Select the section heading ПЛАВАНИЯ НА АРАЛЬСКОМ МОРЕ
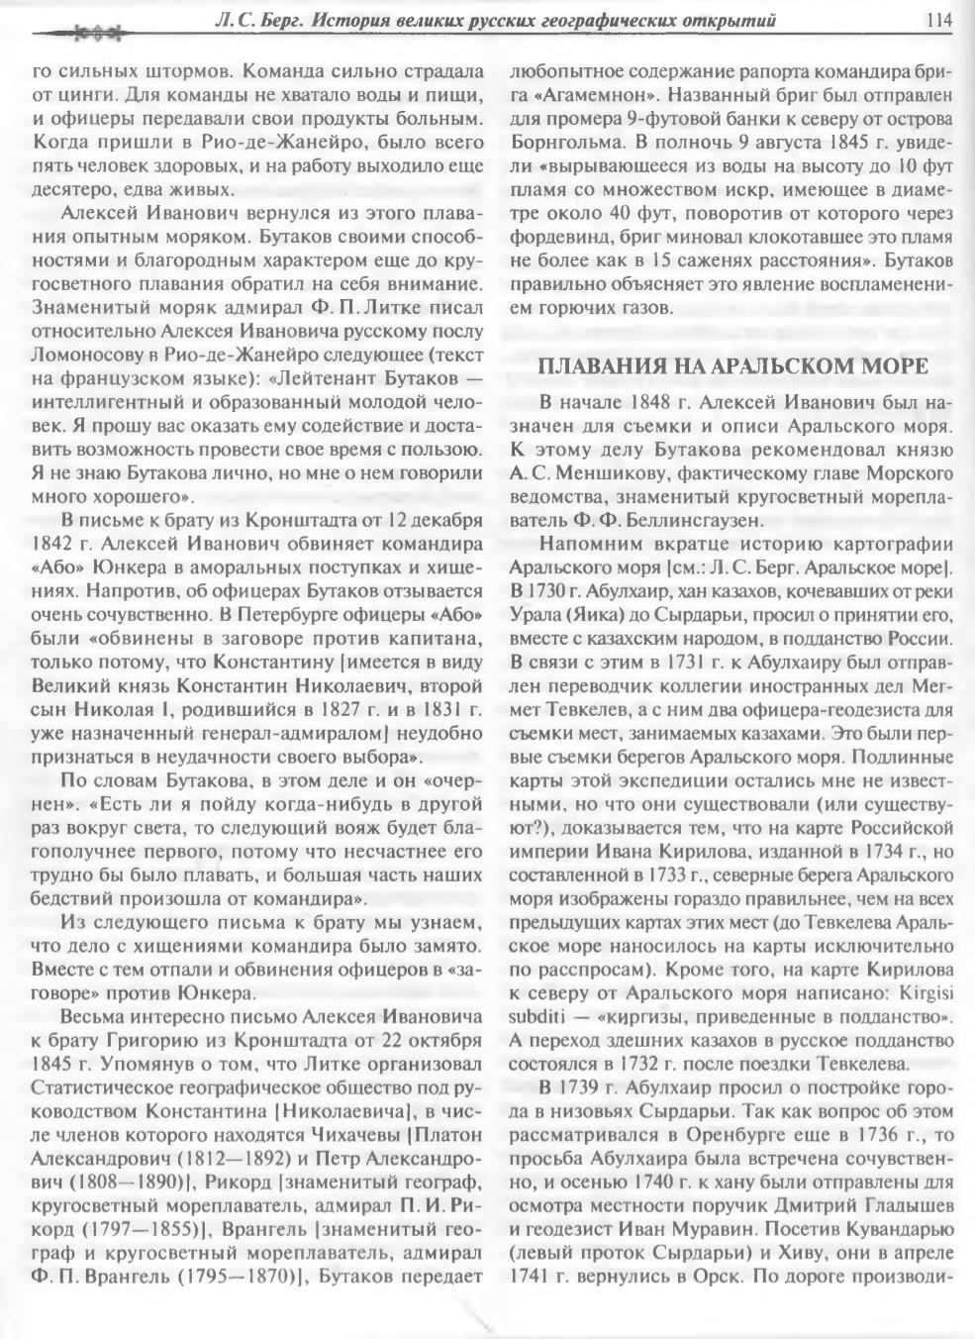click(731, 366)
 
